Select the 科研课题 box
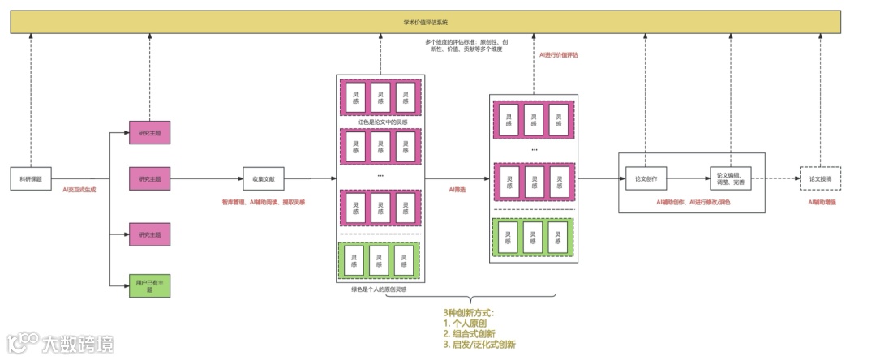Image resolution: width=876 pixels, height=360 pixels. [x=31, y=178]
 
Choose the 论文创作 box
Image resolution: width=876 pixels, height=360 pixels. [x=646, y=178]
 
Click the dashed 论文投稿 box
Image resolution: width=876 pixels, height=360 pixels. [x=820, y=178]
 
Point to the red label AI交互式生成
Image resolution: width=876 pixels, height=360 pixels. [x=79, y=190]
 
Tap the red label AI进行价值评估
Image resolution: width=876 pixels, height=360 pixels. [x=559, y=55]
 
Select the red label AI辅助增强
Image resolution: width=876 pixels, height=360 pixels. [x=822, y=202]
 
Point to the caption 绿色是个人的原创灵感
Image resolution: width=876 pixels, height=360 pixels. [x=379, y=289]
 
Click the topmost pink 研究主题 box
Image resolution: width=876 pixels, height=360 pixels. [x=149, y=133]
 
